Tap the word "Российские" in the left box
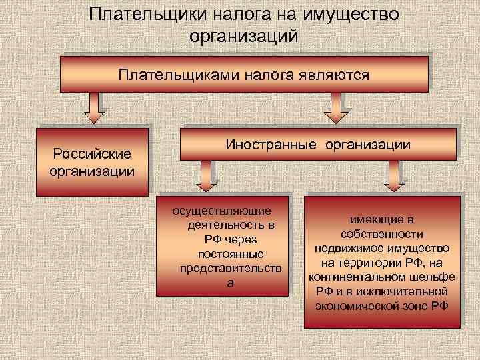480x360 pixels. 92,155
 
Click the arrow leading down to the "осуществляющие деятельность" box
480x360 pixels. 205,176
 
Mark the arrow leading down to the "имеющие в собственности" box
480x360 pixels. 395,176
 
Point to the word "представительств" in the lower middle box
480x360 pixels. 231,269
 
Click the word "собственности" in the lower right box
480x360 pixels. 382,234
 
